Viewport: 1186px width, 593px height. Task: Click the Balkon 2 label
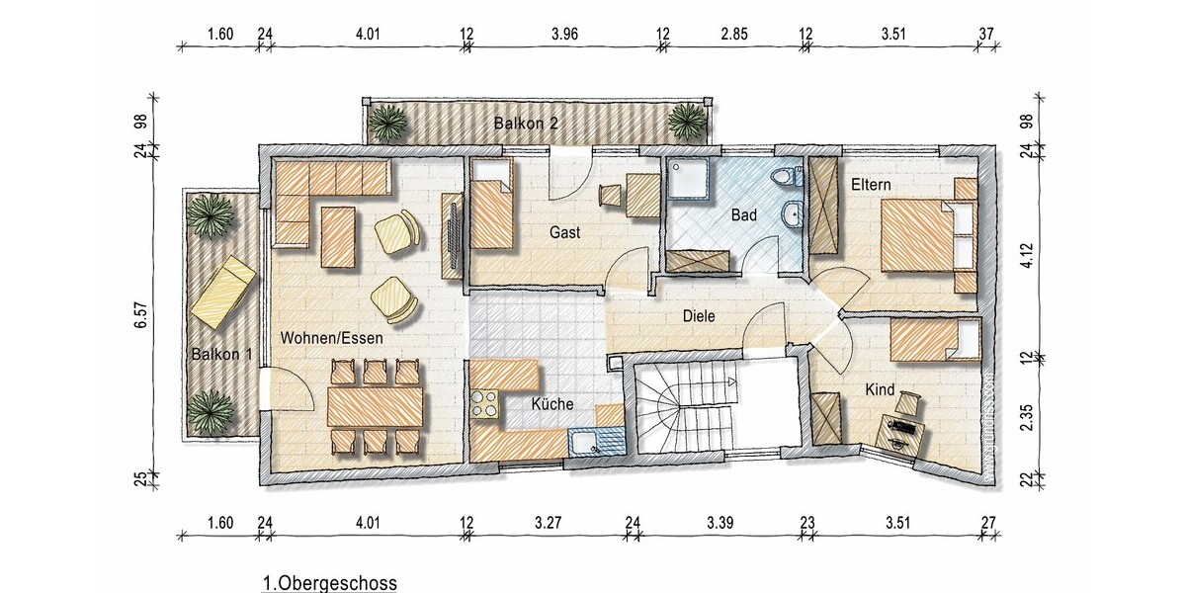(526, 124)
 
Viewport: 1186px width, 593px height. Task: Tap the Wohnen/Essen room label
(331, 338)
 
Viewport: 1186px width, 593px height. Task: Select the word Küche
(552, 404)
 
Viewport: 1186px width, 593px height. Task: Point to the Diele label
(699, 316)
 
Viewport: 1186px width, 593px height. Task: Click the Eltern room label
(871, 185)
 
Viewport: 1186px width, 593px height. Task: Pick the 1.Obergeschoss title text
(330, 582)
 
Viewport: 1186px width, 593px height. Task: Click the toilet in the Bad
(788, 176)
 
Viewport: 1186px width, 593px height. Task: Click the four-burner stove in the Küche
(484, 404)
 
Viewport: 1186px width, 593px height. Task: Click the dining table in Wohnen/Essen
(376, 406)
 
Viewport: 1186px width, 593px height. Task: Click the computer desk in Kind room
(899, 434)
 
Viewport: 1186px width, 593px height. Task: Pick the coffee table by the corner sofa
(338, 237)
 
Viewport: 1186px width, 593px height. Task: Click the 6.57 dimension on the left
(140, 316)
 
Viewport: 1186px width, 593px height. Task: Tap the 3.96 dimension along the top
(564, 35)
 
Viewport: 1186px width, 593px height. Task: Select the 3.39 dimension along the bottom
(720, 523)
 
